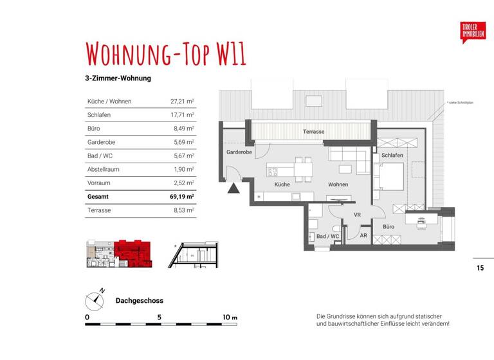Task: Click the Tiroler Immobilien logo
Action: pos(473,31)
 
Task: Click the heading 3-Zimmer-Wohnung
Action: pos(118,78)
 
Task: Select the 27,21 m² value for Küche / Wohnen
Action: pos(182,102)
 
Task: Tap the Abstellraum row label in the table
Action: pos(103,170)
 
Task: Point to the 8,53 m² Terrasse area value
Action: pos(182,210)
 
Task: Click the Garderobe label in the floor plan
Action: pos(238,152)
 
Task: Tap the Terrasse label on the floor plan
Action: pos(314,132)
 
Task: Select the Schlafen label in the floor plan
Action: pos(392,156)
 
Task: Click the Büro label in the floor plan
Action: pos(389,227)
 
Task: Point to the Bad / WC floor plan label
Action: pos(327,237)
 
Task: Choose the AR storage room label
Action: pos(363,236)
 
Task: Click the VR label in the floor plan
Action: pos(357,215)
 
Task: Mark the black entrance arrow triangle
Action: pos(232,188)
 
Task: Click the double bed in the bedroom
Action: pos(390,176)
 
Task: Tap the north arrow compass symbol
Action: pos(95,300)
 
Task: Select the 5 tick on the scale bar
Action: pos(159,318)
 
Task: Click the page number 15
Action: pos(480,268)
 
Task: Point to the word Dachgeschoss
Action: pos(139,300)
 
